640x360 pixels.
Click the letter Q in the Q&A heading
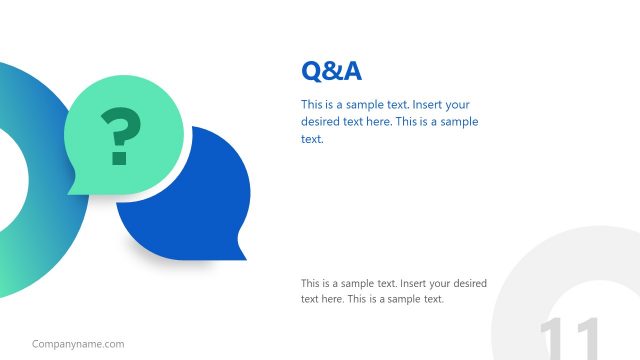tap(311, 71)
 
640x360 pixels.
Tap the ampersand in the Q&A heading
tap(331, 71)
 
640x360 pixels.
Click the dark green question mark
tap(120, 132)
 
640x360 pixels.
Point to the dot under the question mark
tap(119, 159)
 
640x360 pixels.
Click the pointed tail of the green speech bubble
tap(73, 189)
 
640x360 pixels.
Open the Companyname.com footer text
tap(78, 344)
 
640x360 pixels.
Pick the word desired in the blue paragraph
tap(321, 122)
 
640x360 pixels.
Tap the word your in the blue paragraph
tap(457, 105)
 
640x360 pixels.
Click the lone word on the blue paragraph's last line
tap(312, 139)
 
